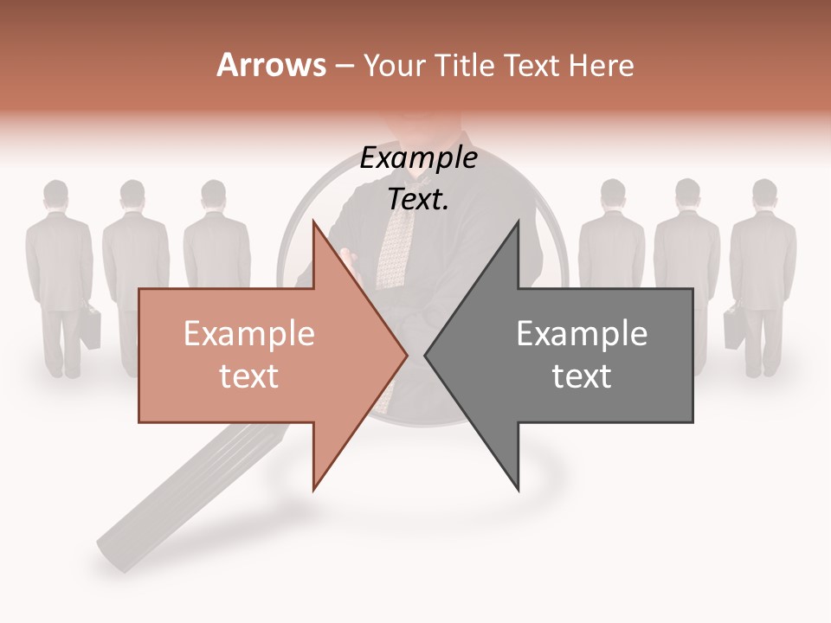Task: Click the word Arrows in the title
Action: pos(271,65)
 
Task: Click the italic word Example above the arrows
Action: pos(418,158)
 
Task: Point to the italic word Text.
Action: pos(418,199)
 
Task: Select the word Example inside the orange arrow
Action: pos(248,334)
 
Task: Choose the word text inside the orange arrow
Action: pos(248,376)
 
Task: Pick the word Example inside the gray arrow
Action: pos(582,334)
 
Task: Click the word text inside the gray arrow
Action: pos(582,376)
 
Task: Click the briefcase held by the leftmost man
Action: pos(88,329)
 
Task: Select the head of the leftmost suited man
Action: pos(56,195)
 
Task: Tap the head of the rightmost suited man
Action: pos(764,194)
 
